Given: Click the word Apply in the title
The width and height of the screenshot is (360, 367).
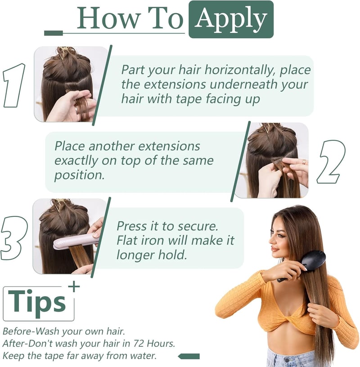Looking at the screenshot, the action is pos(231,19).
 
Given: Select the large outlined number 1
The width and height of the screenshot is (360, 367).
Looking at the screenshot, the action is pos(14,85).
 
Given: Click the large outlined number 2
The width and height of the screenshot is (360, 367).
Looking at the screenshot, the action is pos(331,162).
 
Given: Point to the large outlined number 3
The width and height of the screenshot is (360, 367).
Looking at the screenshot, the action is pos(13,238).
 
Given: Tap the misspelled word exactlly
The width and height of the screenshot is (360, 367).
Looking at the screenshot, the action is pos(76,161).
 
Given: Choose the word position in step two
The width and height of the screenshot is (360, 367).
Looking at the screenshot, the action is pos(79,175).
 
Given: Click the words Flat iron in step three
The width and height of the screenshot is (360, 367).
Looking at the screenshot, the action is pos(141,240).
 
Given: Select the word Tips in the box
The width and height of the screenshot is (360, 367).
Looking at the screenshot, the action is pos(37,301).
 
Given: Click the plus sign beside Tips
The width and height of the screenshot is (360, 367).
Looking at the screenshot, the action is pos(74,286).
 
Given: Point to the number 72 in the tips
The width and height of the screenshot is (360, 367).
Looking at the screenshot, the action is pos(139,343).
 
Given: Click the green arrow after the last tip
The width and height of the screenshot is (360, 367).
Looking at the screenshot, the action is pos(189,356).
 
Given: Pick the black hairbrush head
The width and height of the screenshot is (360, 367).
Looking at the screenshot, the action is pos(313,260).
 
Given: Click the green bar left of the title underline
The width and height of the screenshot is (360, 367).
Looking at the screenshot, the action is pos(54,33).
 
